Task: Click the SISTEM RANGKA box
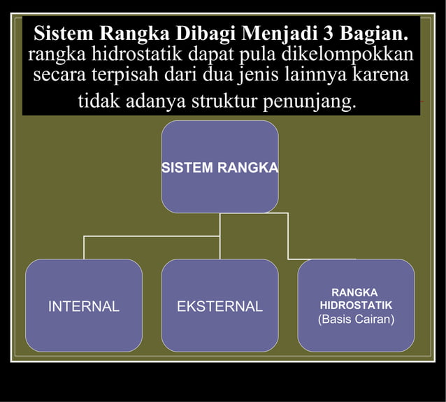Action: [x=220, y=167]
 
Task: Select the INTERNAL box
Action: [x=84, y=306]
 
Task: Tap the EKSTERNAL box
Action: [x=220, y=306]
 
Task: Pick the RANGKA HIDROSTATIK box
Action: [x=356, y=298]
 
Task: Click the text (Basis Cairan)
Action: [x=356, y=320]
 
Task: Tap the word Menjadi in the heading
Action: [x=280, y=33]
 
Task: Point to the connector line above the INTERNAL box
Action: [x=84, y=247]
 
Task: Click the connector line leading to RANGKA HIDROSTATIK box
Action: [x=288, y=236]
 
